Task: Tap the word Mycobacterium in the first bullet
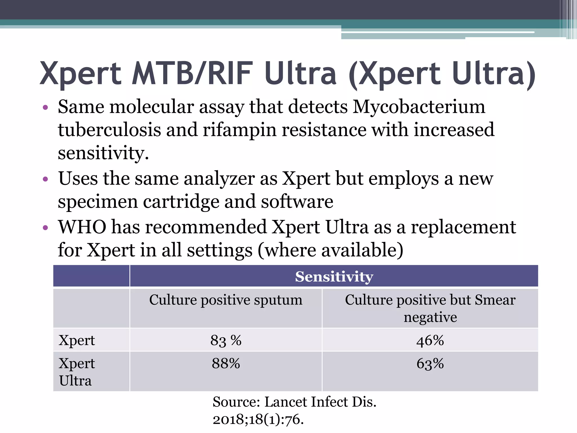(x=419, y=107)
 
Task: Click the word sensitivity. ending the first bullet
(x=103, y=153)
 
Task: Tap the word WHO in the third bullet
(x=82, y=227)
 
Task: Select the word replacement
(x=463, y=227)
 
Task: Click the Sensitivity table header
(x=334, y=277)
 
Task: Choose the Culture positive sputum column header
(x=226, y=300)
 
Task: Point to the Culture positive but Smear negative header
(x=430, y=308)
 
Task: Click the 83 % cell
(x=226, y=340)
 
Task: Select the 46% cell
(x=430, y=340)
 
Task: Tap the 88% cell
(x=226, y=363)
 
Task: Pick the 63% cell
(x=430, y=363)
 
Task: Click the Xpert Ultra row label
(x=77, y=372)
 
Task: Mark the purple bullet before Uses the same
(x=46, y=179)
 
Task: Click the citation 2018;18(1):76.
(x=258, y=419)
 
